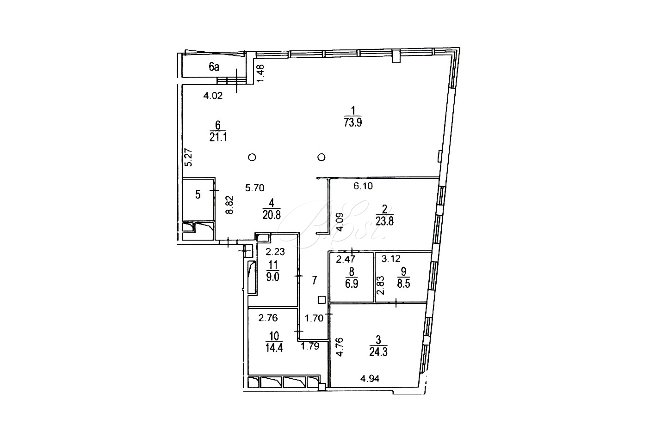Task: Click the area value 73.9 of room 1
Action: (353, 122)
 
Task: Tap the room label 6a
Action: (214, 67)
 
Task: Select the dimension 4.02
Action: (213, 96)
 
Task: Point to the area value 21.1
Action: (218, 137)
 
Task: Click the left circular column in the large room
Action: (252, 157)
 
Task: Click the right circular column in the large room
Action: (322, 157)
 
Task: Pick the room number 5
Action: (198, 195)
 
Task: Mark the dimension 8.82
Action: (229, 205)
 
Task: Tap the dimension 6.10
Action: (363, 186)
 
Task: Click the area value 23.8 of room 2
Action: (384, 222)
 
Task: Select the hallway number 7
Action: (314, 280)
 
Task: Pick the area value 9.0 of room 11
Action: (272, 277)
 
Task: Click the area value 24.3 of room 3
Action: (378, 352)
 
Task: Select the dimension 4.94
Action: (370, 379)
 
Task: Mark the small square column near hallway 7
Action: (322, 300)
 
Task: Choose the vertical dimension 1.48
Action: (260, 73)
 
